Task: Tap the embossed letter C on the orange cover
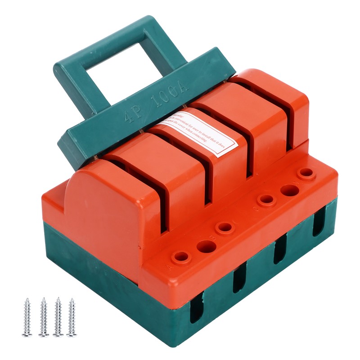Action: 255,208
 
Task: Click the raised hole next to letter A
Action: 181,257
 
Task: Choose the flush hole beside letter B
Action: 207,246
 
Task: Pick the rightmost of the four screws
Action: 72,317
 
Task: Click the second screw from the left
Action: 43,317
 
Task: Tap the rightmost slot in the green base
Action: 319,220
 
